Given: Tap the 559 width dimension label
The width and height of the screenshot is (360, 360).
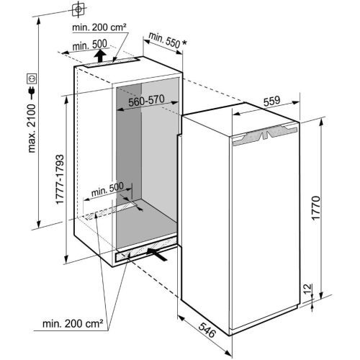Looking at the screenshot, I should pyautogui.click(x=270, y=102).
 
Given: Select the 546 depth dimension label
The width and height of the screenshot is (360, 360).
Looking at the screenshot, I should pyautogui.click(x=206, y=332).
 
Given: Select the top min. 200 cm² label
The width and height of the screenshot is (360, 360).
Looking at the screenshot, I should pyautogui.click(x=100, y=27).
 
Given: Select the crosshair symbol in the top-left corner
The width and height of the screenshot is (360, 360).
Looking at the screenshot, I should pyautogui.click(x=78, y=10).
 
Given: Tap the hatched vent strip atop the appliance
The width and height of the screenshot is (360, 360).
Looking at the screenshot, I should pyautogui.click(x=269, y=134).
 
